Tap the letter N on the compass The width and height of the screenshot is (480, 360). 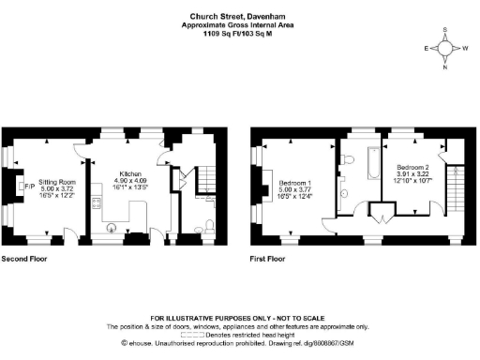(445, 67)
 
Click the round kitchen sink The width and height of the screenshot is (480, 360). (112, 224)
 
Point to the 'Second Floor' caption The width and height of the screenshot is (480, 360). (25, 257)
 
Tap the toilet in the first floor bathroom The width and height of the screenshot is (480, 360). (349, 160)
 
